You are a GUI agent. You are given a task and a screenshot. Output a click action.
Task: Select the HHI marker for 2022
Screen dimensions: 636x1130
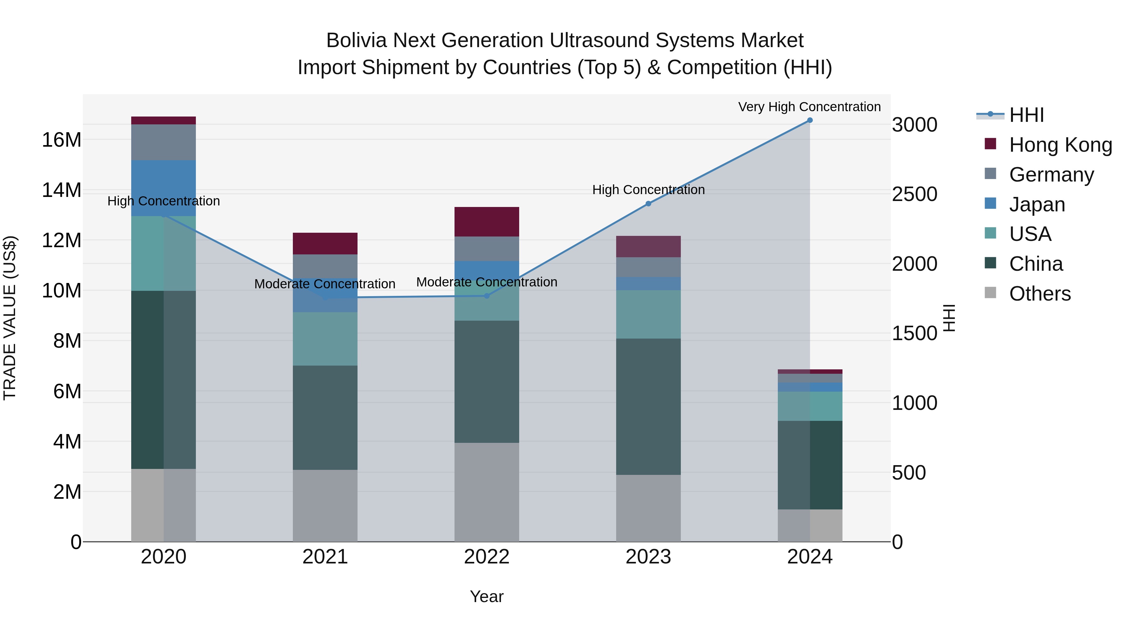[x=487, y=296]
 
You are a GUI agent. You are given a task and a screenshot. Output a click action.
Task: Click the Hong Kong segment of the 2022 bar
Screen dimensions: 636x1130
[x=487, y=222]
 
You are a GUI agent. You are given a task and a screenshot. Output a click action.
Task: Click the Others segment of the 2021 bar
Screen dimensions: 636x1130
[x=325, y=506]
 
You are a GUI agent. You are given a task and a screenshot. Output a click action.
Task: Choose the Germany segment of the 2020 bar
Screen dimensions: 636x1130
[x=163, y=142]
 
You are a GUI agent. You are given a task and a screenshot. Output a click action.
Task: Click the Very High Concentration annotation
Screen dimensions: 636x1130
[x=809, y=107]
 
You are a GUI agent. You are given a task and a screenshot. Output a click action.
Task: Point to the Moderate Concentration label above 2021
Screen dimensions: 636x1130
[x=325, y=284]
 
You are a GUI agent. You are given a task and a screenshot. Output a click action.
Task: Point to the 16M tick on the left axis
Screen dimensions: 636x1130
[x=62, y=140]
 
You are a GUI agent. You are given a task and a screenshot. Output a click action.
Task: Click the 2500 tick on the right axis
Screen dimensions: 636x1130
[x=915, y=194]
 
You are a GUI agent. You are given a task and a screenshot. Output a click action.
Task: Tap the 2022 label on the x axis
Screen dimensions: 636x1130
[x=487, y=557]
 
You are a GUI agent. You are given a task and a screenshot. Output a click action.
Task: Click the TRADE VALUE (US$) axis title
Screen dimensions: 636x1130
[x=10, y=318]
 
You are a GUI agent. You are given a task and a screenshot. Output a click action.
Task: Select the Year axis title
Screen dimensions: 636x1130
[x=487, y=596]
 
